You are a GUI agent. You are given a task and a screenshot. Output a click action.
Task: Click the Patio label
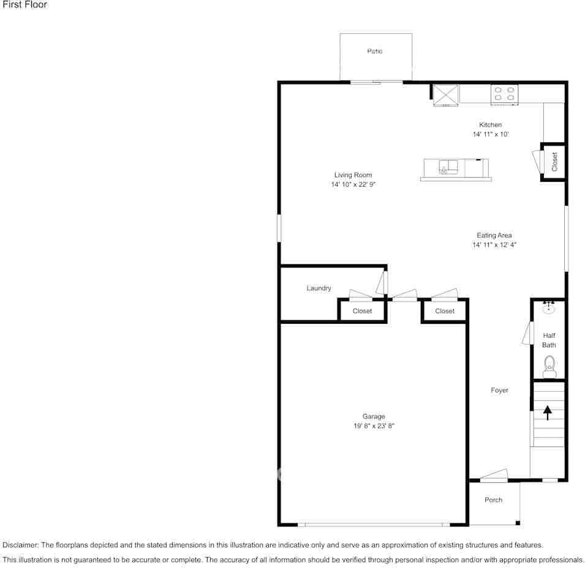tap(374, 51)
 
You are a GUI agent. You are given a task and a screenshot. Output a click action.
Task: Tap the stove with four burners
tap(504, 94)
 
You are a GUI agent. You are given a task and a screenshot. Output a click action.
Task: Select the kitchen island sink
tap(448, 167)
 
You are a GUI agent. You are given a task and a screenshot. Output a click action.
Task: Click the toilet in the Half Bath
tap(549, 367)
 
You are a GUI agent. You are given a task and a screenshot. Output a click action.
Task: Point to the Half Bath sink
tap(548, 307)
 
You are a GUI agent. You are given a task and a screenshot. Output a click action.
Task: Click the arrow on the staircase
tap(547, 413)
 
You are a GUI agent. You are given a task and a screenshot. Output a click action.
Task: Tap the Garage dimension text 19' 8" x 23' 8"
tap(374, 425)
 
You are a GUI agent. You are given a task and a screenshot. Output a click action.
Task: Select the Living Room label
tap(353, 175)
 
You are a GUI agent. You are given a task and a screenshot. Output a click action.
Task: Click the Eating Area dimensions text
tap(494, 245)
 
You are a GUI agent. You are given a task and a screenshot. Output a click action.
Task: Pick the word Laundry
tap(319, 288)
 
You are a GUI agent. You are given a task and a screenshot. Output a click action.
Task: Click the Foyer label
tap(499, 390)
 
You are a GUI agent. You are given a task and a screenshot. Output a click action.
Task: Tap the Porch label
tap(493, 500)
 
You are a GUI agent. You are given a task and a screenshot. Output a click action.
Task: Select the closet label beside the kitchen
tap(554, 162)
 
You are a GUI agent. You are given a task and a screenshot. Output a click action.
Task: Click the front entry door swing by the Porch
tap(494, 476)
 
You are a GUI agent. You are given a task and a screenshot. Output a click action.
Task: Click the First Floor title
tap(25, 4)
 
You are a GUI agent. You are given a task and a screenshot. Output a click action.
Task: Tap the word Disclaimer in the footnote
tap(20, 545)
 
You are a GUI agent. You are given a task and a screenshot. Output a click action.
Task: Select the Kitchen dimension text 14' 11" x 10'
tap(491, 134)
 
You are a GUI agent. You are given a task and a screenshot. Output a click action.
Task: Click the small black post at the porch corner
tap(518, 523)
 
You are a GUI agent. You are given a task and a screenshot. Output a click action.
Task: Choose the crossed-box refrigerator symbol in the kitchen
tap(445, 95)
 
